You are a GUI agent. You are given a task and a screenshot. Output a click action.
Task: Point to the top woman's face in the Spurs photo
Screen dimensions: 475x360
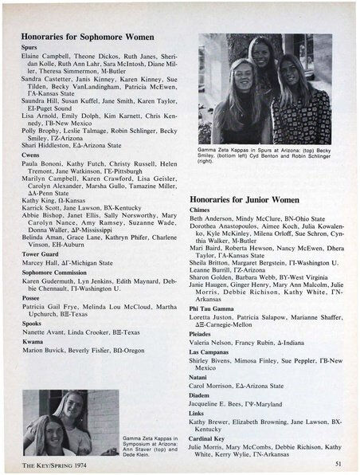point(264,50)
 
